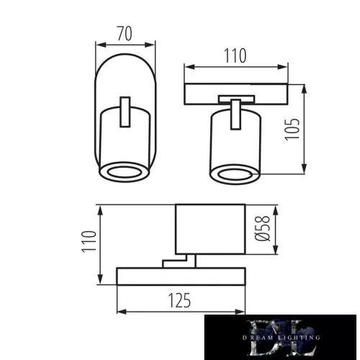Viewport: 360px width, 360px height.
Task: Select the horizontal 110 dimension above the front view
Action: coord(235,55)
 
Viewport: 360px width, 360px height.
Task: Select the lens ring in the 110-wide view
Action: coord(233,175)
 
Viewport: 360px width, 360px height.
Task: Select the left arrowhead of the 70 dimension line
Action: coord(99,45)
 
